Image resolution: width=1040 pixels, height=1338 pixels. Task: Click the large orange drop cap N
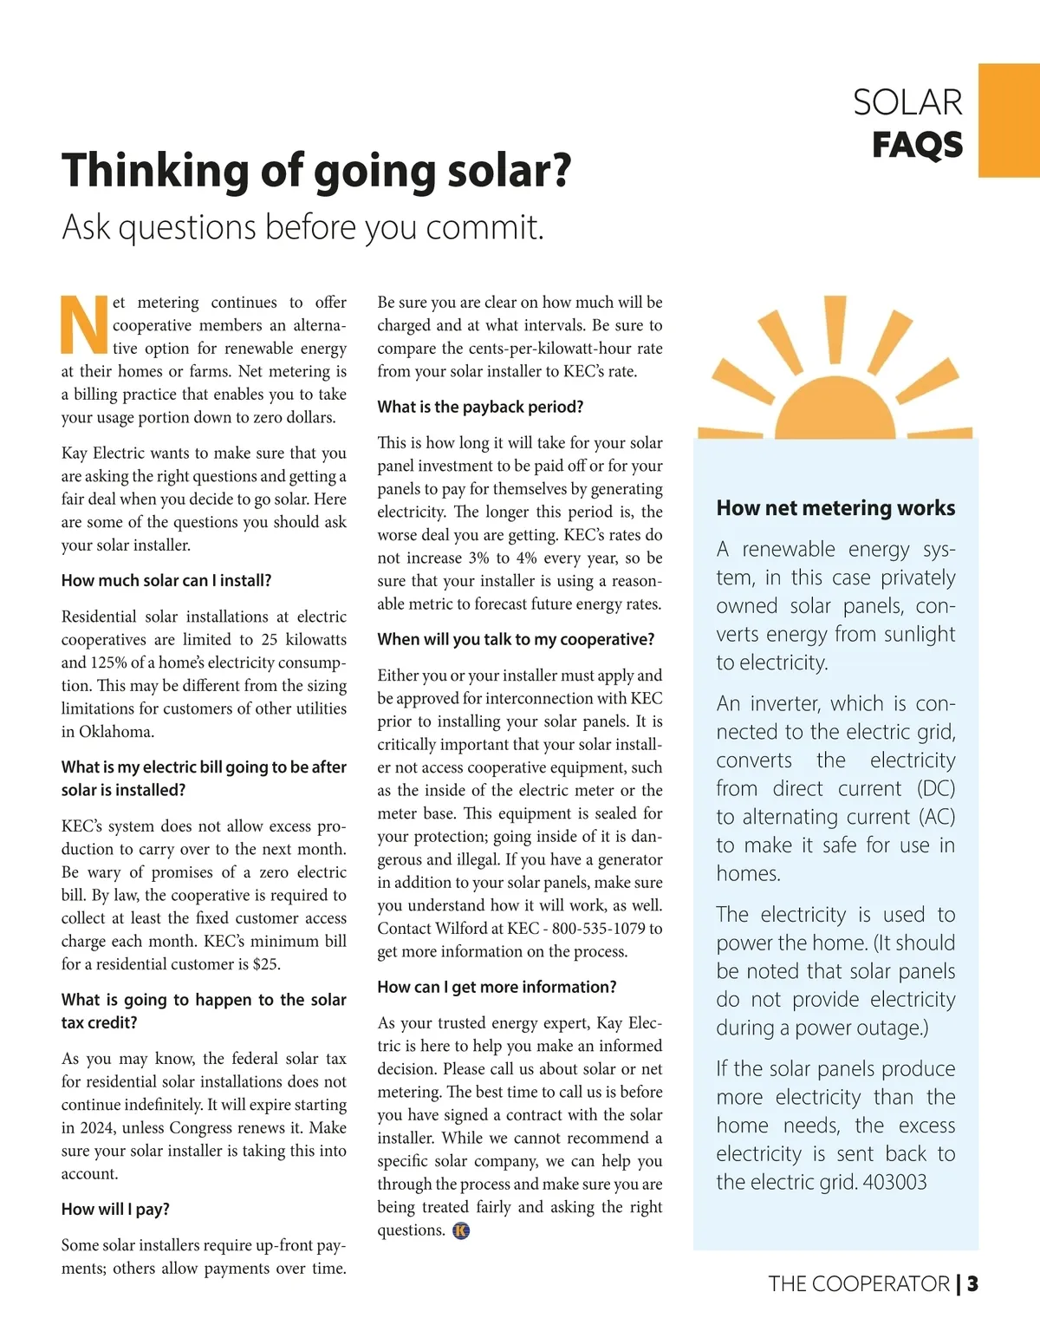(x=84, y=325)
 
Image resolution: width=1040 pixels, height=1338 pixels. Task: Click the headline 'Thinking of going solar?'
(x=316, y=170)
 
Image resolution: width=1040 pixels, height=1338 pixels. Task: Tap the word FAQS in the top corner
(x=917, y=145)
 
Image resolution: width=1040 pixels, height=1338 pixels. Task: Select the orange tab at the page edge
(x=1009, y=120)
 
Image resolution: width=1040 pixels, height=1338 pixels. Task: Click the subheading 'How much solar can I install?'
(x=166, y=581)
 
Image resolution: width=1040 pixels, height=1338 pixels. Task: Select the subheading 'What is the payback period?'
(x=480, y=407)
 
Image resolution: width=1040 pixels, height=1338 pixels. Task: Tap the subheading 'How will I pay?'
(x=115, y=1209)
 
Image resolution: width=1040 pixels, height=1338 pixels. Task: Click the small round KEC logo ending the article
(x=461, y=1230)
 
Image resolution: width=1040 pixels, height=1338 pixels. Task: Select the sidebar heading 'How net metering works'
(x=835, y=508)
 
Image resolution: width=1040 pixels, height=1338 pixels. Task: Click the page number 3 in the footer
(x=972, y=1283)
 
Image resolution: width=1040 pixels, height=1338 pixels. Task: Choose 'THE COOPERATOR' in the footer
(x=858, y=1283)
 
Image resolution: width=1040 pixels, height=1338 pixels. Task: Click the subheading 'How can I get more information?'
(x=497, y=987)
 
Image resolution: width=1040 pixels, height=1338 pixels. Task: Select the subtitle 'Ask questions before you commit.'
(x=303, y=227)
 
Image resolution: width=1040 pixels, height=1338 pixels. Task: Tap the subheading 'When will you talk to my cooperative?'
(x=516, y=640)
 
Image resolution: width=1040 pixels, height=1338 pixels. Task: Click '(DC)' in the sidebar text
(x=935, y=788)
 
